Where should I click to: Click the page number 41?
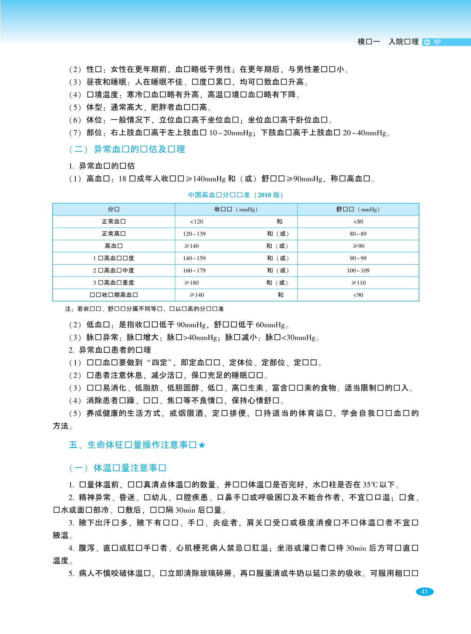(424, 592)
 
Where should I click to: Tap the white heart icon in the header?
(437, 42)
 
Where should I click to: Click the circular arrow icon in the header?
(427, 42)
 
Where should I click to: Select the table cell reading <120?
(196, 221)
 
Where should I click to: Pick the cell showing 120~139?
(194, 234)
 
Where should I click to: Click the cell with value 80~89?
(358, 234)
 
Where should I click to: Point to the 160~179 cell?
(194, 271)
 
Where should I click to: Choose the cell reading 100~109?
(358, 271)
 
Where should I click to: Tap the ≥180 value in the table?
(192, 283)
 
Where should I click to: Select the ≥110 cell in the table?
(358, 283)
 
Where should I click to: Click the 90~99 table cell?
(358, 258)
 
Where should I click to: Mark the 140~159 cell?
(194, 258)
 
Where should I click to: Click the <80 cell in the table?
(358, 221)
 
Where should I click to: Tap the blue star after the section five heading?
(202, 445)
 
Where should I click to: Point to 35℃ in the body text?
(370, 485)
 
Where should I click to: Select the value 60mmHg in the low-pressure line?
(270, 325)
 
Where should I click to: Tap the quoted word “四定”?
(161, 363)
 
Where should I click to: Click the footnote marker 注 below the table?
(68, 309)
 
